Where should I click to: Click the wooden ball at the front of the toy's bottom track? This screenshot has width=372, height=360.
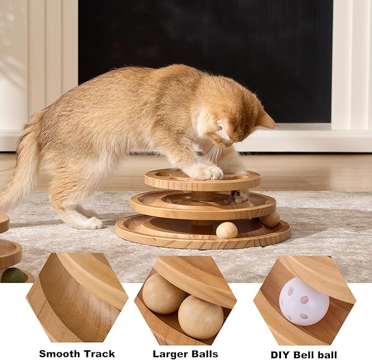(x=227, y=230)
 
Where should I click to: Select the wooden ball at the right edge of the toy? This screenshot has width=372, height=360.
(x=270, y=219)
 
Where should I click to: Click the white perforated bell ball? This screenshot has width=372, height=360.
(x=304, y=301)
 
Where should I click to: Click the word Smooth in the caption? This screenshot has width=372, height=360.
(x=59, y=353)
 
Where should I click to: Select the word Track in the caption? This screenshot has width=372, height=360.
(x=99, y=353)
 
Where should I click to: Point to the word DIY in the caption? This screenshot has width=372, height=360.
(x=281, y=355)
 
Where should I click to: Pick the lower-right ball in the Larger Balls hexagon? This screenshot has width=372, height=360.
(x=200, y=317)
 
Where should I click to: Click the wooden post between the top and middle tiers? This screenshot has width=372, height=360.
(x=203, y=195)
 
